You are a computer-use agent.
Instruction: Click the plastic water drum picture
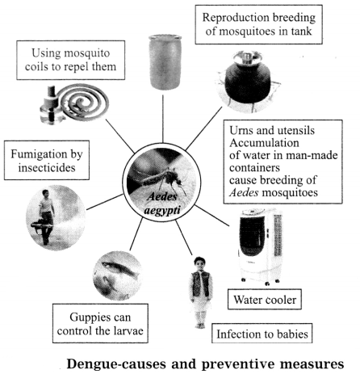(165, 62)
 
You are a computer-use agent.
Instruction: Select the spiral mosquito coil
(84, 103)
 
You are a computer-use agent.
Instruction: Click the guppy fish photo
(118, 275)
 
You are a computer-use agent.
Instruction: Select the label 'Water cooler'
(265, 300)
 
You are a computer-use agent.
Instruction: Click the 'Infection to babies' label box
(262, 334)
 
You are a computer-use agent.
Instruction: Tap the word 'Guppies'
(86, 317)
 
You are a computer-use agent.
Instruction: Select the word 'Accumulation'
(264, 143)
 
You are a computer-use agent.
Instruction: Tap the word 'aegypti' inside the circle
(162, 210)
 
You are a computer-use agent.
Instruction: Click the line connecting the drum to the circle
(163, 119)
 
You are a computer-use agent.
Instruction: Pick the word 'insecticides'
(47, 168)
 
